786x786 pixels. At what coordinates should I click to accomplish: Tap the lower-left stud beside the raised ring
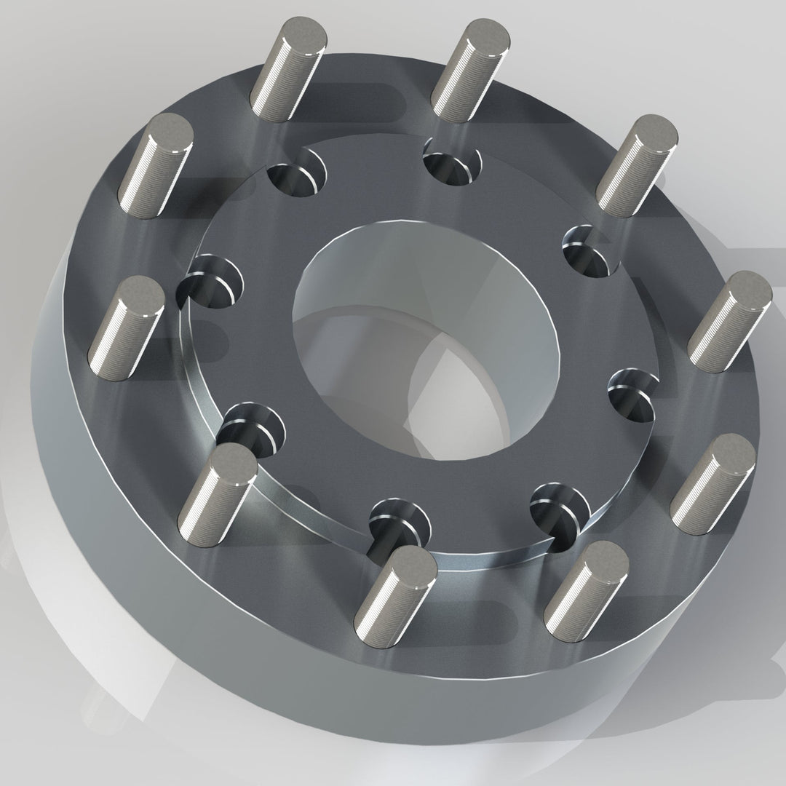click(x=218, y=488)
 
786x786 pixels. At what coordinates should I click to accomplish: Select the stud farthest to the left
click(x=131, y=324)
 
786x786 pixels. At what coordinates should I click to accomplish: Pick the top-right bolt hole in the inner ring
click(x=453, y=164)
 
